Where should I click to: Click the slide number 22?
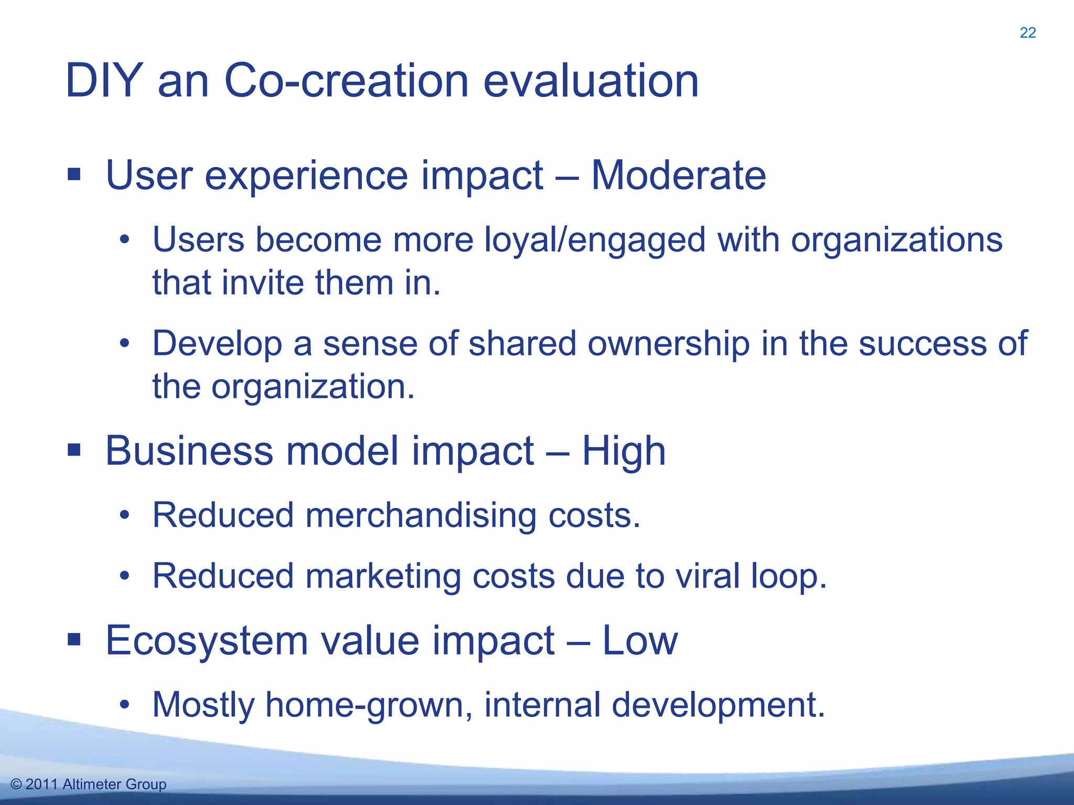pyautogui.click(x=1027, y=33)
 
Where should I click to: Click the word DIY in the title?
pyautogui.click(x=104, y=81)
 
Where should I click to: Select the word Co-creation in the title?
pyautogui.click(x=346, y=81)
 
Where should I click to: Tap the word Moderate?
pyautogui.click(x=678, y=175)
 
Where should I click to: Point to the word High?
pyautogui.click(x=624, y=451)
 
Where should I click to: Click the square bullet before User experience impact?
pyautogui.click(x=74, y=175)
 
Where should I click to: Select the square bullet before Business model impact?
pyautogui.click(x=74, y=450)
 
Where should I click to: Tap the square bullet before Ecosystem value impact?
pyautogui.click(x=74, y=639)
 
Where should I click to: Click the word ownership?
pyautogui.click(x=669, y=344)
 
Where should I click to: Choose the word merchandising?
pyautogui.click(x=421, y=516)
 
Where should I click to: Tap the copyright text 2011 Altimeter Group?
pyautogui.click(x=89, y=784)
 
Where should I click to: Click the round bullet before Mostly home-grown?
pyautogui.click(x=124, y=705)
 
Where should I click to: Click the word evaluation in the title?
pyautogui.click(x=590, y=81)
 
